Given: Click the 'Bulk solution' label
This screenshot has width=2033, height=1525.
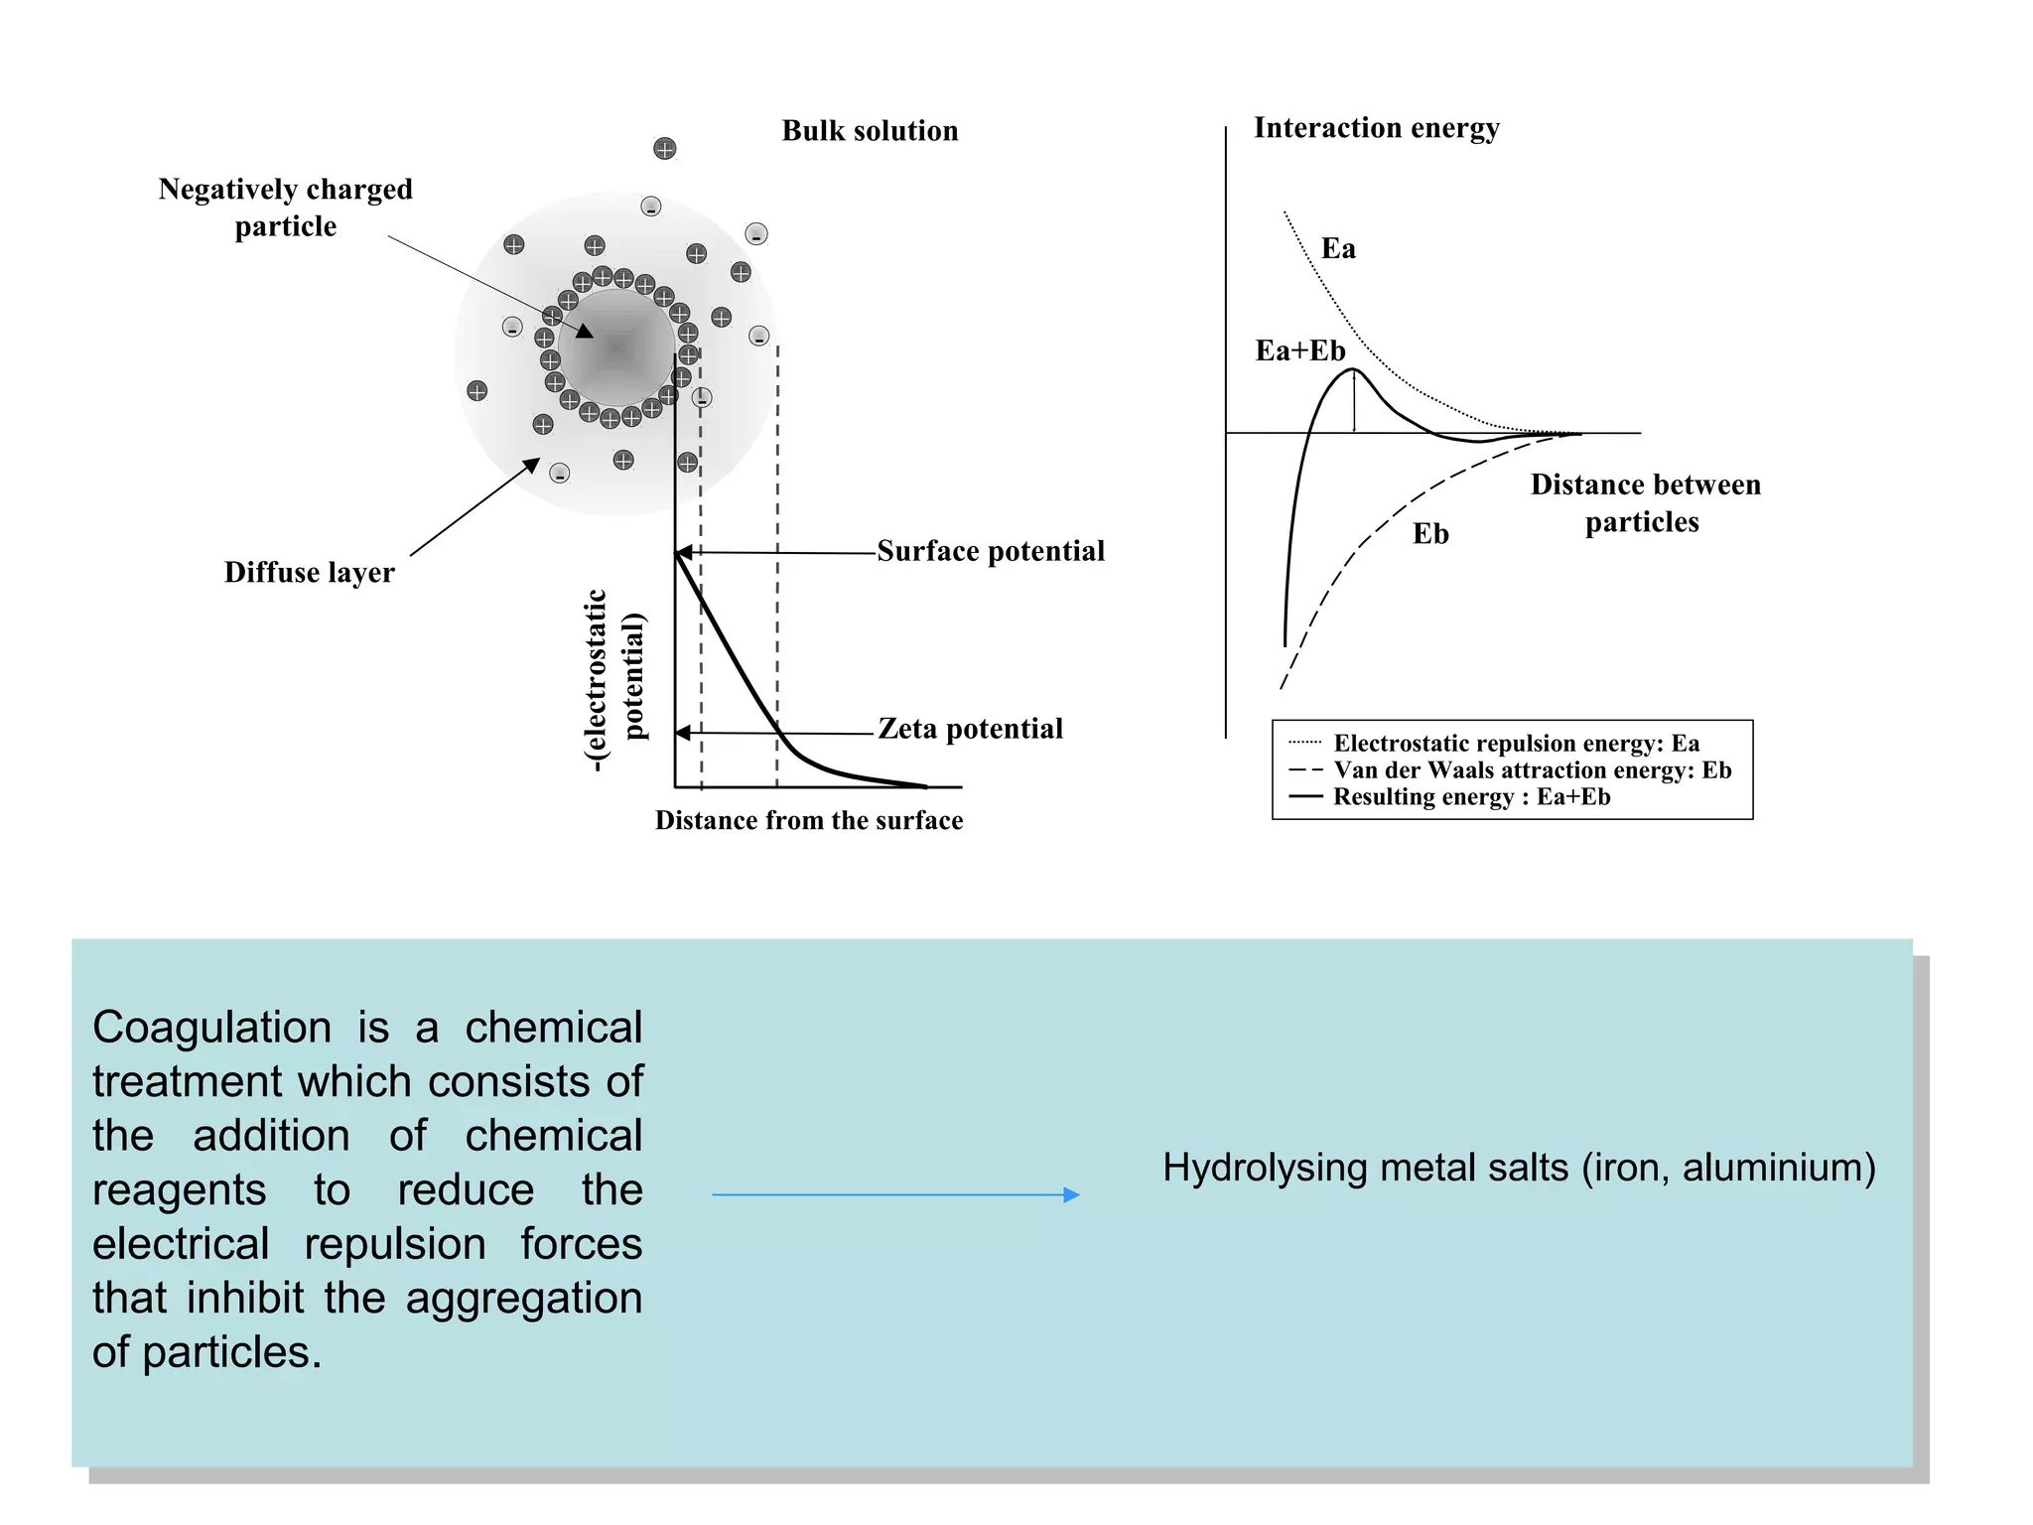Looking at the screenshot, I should pos(870,131).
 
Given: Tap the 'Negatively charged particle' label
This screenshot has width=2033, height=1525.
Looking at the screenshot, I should pos(285,208).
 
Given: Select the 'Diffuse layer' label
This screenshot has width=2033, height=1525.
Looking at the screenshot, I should pos(309,573).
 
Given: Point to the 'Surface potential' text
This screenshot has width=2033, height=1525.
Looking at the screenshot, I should pos(990,551).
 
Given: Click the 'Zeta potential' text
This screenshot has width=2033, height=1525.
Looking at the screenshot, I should pos(970,729).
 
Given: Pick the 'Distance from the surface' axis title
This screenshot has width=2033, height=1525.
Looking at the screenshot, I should pos(808,820).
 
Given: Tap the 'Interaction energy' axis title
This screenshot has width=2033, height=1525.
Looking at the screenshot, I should pos(1376,128).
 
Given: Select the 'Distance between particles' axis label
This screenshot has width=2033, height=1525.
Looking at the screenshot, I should pos(1645,503).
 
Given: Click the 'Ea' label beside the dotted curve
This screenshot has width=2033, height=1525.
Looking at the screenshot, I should pos(1338,248).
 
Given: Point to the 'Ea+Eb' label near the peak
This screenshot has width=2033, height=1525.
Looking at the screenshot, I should pos(1299,350).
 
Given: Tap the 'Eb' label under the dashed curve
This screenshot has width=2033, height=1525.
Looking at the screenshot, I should pos(1430,534).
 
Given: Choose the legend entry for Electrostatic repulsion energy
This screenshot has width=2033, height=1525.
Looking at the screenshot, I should pos(1516,743).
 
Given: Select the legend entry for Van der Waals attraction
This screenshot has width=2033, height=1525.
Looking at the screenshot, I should pos(1532,769).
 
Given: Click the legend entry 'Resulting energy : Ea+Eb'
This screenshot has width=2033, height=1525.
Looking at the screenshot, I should pos(1471,796).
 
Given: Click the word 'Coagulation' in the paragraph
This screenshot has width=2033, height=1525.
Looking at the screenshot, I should pos(211,1028).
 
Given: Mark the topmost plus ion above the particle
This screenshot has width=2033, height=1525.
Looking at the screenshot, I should pos(665,149).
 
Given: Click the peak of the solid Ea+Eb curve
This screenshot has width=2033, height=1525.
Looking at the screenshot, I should pos(1354,369).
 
